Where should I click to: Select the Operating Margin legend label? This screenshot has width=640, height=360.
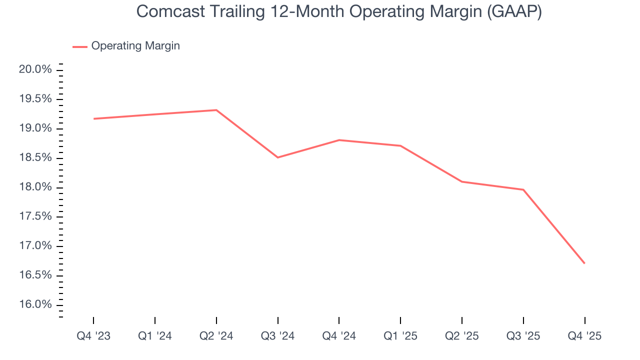(135, 46)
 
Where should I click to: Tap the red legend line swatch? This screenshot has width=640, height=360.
(80, 46)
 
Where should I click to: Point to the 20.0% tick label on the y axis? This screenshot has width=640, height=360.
(35, 69)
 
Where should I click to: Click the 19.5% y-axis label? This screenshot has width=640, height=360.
(35, 99)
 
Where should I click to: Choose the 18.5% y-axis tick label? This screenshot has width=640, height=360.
(35, 158)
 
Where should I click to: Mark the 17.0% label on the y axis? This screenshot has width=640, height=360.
(35, 246)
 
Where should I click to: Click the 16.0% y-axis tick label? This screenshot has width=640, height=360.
(35, 305)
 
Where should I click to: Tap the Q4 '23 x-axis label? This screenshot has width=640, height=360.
(93, 336)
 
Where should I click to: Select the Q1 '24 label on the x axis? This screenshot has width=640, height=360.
(155, 336)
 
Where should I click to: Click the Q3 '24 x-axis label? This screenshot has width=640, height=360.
(277, 336)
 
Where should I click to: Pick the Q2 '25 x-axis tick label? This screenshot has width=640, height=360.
(462, 336)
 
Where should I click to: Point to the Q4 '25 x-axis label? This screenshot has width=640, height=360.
(584, 336)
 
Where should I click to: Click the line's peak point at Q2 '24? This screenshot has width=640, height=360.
(216, 110)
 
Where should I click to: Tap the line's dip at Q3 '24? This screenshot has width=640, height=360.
(277, 157)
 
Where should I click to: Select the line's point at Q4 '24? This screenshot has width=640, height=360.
(339, 140)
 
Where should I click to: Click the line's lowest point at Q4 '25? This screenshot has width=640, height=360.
(584, 263)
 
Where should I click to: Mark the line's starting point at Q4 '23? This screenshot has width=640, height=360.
(93, 118)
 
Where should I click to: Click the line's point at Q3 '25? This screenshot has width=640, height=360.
(523, 189)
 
